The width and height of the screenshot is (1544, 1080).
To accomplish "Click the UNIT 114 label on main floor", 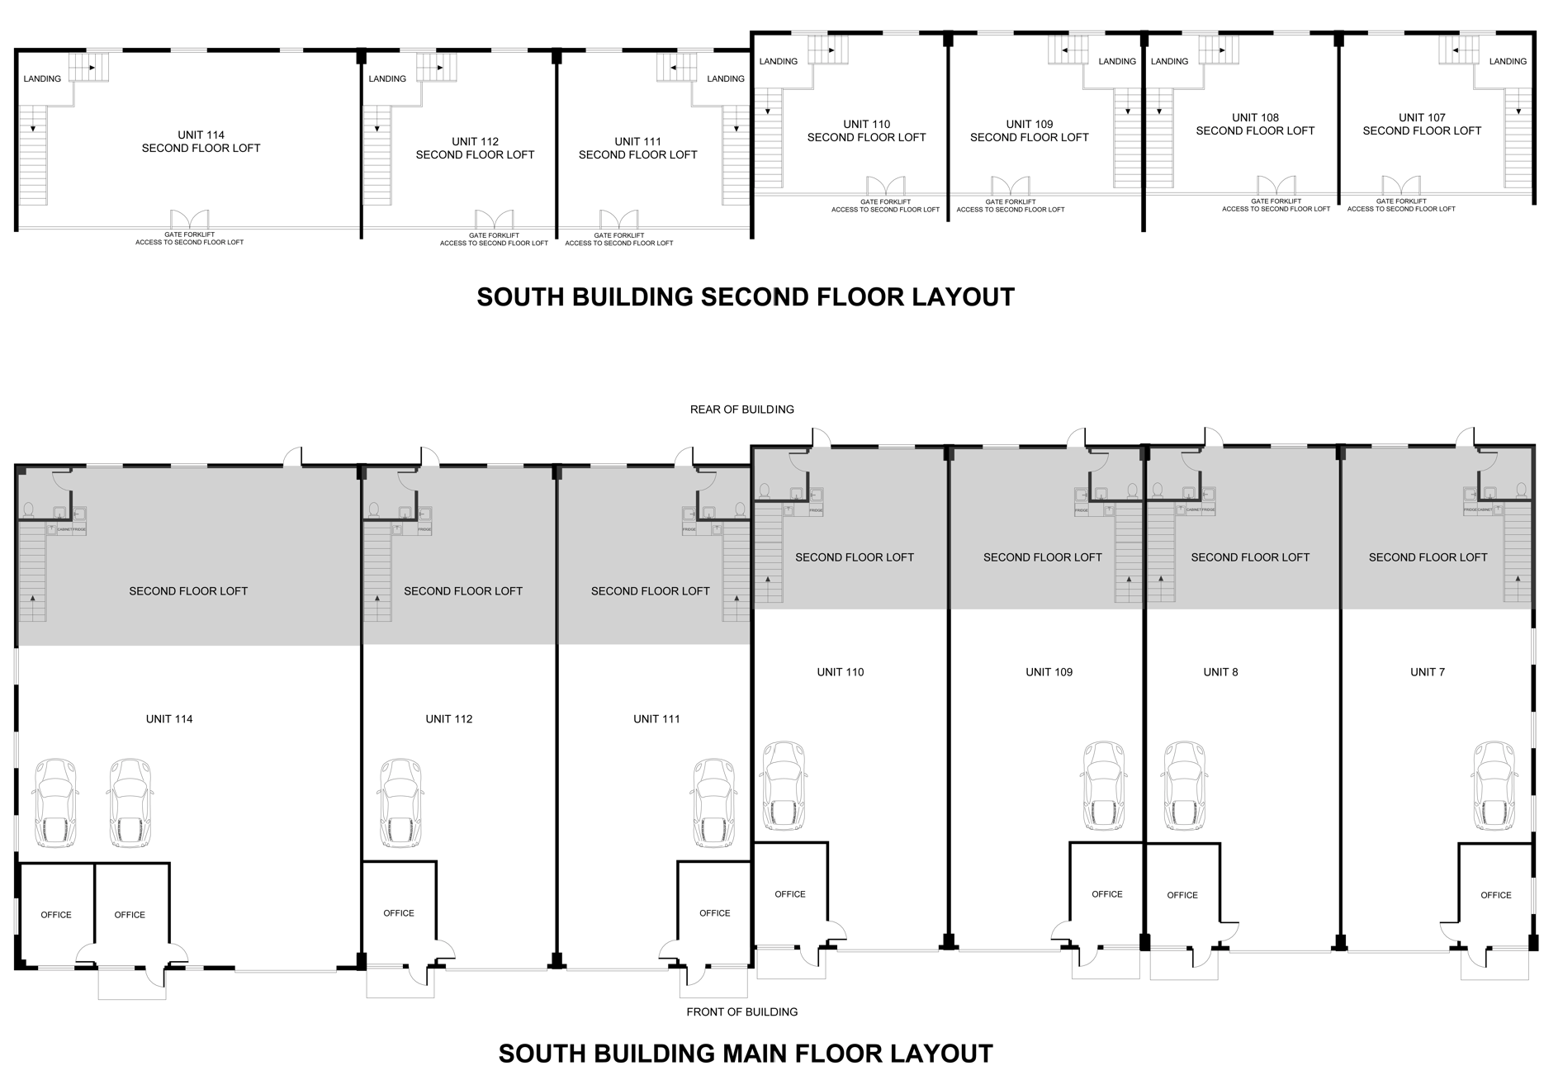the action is point(169,719).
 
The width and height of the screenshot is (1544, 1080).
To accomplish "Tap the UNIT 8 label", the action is point(1220,672).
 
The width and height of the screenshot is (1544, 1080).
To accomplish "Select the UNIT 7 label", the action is point(1428,672).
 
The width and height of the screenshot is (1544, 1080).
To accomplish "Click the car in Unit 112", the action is point(400,803).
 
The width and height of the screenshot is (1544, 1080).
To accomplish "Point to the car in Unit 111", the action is point(713,803).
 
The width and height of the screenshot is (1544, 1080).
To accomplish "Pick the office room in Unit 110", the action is point(790,894).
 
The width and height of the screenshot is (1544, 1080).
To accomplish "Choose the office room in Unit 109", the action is point(1106,894).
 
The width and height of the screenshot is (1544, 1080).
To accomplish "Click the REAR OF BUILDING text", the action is point(741,410).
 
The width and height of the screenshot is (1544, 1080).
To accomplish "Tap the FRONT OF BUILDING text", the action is point(741,1011).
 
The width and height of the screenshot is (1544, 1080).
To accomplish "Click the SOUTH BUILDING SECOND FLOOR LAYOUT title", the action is point(746,297).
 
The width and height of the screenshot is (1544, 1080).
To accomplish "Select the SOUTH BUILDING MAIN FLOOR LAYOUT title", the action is point(746,1054).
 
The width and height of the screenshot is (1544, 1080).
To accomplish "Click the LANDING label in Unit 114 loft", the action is point(42,79).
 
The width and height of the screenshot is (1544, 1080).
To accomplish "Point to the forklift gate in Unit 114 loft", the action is point(190,220).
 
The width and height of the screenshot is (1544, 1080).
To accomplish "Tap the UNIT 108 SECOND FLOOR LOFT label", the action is point(1255,125).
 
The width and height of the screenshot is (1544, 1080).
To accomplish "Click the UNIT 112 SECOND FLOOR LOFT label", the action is point(475,149).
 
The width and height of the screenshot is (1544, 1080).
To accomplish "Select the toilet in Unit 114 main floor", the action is point(28,510).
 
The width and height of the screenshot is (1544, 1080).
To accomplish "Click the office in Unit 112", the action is point(399,913).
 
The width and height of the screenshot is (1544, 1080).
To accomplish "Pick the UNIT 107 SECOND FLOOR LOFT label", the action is point(1422,125).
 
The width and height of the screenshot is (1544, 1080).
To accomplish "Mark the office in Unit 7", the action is point(1495,895).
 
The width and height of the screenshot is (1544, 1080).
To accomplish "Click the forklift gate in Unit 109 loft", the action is point(1011,187).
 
